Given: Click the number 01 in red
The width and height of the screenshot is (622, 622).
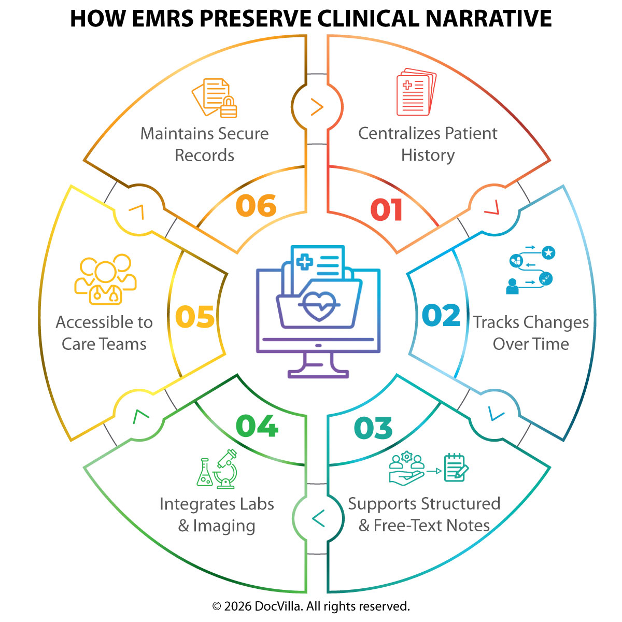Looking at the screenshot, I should coord(387,210).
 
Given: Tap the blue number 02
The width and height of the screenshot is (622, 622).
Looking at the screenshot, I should coord(441,316).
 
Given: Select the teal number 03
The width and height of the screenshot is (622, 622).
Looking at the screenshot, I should coord(373,428).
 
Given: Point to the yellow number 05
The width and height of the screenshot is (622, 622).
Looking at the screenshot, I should coord(195,317).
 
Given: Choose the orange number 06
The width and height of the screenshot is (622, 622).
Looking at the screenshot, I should coord(256,206).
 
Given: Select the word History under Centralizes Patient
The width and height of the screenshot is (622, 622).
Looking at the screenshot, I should coord(428,155).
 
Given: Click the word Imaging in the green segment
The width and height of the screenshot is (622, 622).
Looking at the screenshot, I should coord(224,526).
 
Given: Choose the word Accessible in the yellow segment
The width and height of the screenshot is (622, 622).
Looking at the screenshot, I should coord(104,322).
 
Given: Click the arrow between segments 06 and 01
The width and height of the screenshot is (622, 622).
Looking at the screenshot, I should coord(317,107).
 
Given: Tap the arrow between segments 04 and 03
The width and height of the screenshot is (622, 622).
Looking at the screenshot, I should coord(318,518).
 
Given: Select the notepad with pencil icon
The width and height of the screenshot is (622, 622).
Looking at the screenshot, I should coord(456,467).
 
